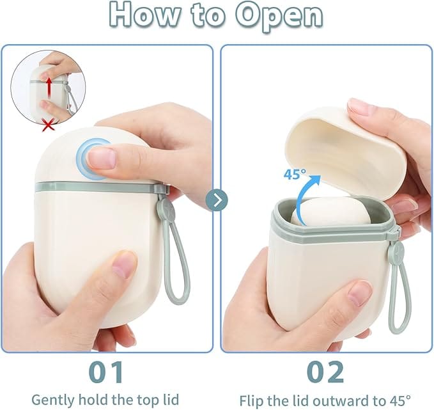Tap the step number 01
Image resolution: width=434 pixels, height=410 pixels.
point(107,372)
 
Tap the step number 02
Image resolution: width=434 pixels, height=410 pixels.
point(325,372)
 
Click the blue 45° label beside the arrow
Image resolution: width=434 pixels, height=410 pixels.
point(295,174)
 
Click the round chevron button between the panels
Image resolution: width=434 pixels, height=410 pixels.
point(217,200)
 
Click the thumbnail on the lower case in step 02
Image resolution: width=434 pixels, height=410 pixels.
point(359,294)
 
